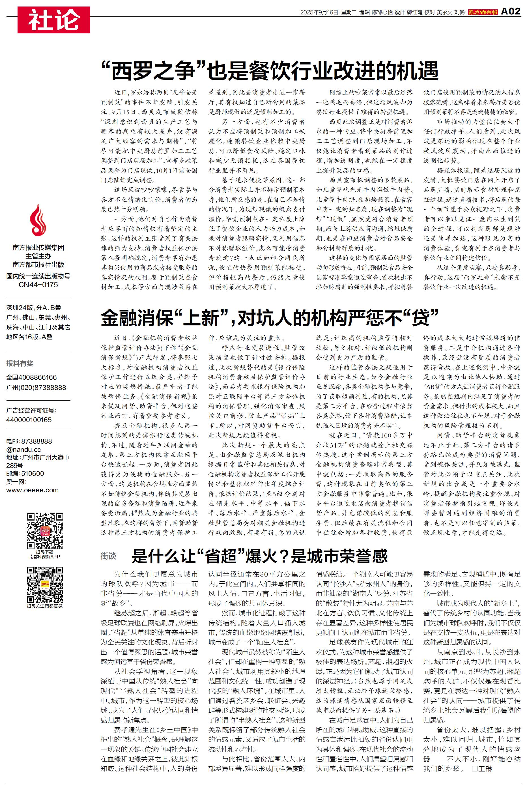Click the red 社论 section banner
coord(54,20)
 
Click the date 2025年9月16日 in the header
coord(319,12)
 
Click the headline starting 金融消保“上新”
coord(270,317)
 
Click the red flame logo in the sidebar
coord(38,220)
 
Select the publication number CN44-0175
coord(38,285)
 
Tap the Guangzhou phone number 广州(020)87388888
coord(36,387)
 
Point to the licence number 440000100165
coord(29,420)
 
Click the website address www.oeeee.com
coord(32,490)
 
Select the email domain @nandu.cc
coord(23,450)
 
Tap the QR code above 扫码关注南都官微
coord(45,585)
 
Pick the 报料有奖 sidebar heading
coord(20,363)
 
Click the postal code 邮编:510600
coord(25,474)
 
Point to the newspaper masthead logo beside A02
coord(483,12)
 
